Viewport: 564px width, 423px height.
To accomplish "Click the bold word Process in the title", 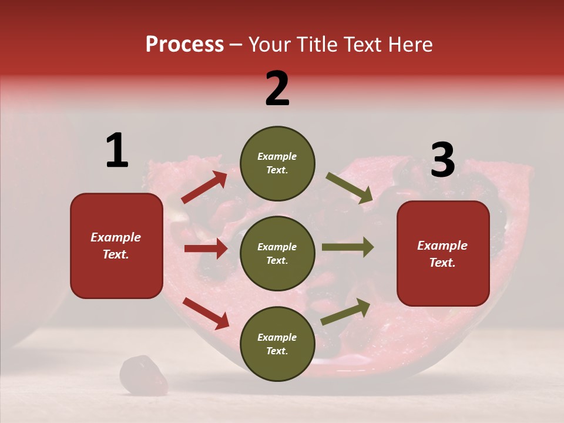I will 184,44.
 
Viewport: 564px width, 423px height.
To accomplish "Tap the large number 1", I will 117,150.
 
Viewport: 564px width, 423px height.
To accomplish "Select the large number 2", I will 277,89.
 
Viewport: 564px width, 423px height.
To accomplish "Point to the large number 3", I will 442,160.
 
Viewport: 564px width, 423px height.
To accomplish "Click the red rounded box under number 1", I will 116,246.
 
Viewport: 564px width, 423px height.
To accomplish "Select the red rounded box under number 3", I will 443,254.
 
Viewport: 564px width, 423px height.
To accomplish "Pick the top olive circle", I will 277,163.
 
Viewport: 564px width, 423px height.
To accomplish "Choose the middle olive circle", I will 277,254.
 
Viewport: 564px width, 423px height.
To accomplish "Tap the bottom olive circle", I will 277,344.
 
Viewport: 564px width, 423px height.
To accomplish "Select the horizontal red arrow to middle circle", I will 206,249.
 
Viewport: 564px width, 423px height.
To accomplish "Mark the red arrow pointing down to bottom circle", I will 206,313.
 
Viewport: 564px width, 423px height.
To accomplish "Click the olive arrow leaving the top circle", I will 350,188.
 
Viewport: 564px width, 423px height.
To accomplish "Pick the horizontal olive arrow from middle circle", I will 348,247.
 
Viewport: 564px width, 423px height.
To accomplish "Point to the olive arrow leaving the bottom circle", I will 345,312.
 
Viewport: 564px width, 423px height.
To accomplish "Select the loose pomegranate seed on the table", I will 143,375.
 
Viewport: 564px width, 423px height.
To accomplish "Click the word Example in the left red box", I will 116,237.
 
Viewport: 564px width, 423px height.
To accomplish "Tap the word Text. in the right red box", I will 442,263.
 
